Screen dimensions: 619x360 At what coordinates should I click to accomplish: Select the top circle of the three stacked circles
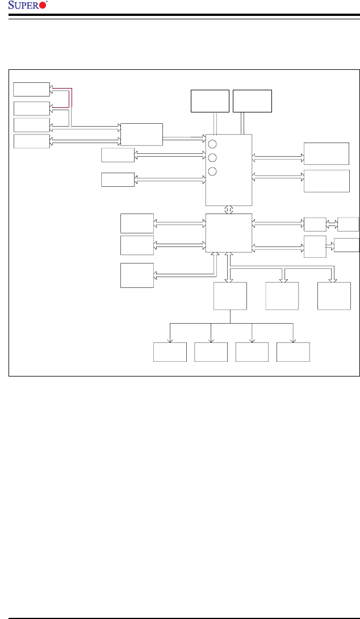pos(212,144)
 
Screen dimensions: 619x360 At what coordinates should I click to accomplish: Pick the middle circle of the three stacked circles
pos(212,158)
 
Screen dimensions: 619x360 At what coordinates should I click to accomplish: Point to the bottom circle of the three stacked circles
pos(212,172)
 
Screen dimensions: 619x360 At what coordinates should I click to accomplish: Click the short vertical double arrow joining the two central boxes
pos(228,210)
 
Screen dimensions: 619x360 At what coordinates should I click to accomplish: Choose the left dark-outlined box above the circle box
pos(210,101)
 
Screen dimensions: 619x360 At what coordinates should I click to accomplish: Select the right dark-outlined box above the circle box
pos(253,101)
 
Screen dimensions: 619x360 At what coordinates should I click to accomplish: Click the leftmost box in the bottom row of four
pos(170,352)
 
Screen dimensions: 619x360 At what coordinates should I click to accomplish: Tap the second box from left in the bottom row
pos(211,352)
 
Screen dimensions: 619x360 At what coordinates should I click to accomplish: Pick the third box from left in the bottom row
pos(252,352)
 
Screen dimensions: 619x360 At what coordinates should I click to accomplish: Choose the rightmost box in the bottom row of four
pos(293,352)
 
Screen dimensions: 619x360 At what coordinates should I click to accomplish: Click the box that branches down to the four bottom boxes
pos(230,296)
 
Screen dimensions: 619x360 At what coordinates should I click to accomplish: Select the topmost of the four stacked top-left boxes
pos(31,89)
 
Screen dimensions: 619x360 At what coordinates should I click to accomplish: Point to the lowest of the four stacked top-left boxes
pos(31,141)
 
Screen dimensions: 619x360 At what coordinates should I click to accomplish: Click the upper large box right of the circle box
pos(326,153)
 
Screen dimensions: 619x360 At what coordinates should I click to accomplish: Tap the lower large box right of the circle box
pos(326,181)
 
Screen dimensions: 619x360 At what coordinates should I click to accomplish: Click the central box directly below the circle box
pos(228,233)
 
